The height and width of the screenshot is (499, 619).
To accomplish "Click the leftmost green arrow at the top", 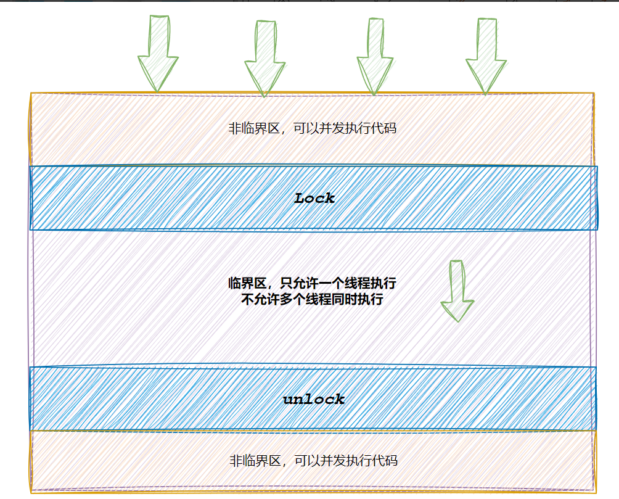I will tap(158, 56).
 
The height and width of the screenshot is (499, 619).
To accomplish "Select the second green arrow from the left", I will tap(265, 59).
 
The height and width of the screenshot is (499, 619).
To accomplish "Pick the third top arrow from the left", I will tap(375, 57).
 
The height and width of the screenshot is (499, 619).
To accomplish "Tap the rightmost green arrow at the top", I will tap(485, 57).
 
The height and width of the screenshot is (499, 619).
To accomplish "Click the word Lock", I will tap(314, 198).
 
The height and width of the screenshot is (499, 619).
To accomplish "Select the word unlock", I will tap(314, 399).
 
